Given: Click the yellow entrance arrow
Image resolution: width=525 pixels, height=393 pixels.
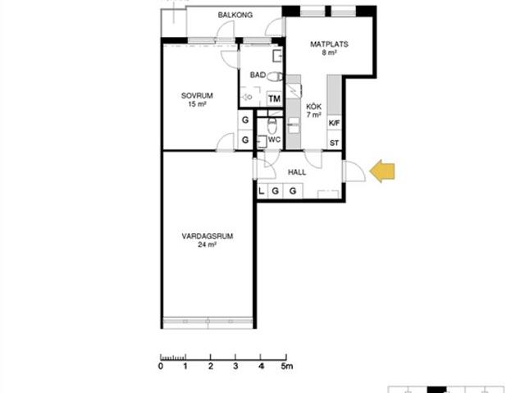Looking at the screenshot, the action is pos(382,171).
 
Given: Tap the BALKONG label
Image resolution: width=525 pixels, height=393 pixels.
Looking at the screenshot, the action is pos(235,15).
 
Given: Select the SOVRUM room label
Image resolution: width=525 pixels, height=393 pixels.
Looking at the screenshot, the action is pos(197,96).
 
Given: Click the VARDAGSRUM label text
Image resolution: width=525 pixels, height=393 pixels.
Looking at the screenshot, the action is pos(208,236).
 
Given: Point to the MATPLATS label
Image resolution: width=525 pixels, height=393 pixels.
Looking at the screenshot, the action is pos(329,44).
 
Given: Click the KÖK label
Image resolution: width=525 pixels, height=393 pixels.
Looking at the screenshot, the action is pos(313,107).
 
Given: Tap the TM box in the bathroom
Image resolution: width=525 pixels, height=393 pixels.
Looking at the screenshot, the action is pos(275,98).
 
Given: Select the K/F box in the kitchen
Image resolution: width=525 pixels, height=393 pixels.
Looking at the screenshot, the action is pos(334,123).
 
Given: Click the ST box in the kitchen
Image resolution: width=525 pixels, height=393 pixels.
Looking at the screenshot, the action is pos(334,144).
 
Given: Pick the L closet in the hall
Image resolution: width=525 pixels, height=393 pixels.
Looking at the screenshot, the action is pos(262,191).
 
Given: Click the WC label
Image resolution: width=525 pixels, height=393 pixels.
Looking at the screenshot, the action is pos(274,139).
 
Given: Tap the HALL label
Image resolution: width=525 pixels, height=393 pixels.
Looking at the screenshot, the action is pos(297,172).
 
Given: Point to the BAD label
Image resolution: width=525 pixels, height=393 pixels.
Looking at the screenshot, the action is pos(258,75).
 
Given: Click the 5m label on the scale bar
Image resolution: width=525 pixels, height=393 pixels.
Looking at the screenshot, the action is pos(287,366).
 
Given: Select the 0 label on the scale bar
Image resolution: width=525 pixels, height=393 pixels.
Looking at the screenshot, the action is pos(161,366).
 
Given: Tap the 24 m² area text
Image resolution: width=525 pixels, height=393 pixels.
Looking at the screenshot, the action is pos(207,244).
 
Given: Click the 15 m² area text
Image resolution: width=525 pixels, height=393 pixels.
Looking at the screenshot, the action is pos(197,104).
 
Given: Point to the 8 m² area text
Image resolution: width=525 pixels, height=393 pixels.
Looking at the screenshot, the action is pos(329,53).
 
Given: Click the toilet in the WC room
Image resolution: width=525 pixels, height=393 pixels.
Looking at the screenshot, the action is pos(272,126).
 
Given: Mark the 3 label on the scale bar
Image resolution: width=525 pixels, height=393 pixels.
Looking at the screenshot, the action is pos(235,366).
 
